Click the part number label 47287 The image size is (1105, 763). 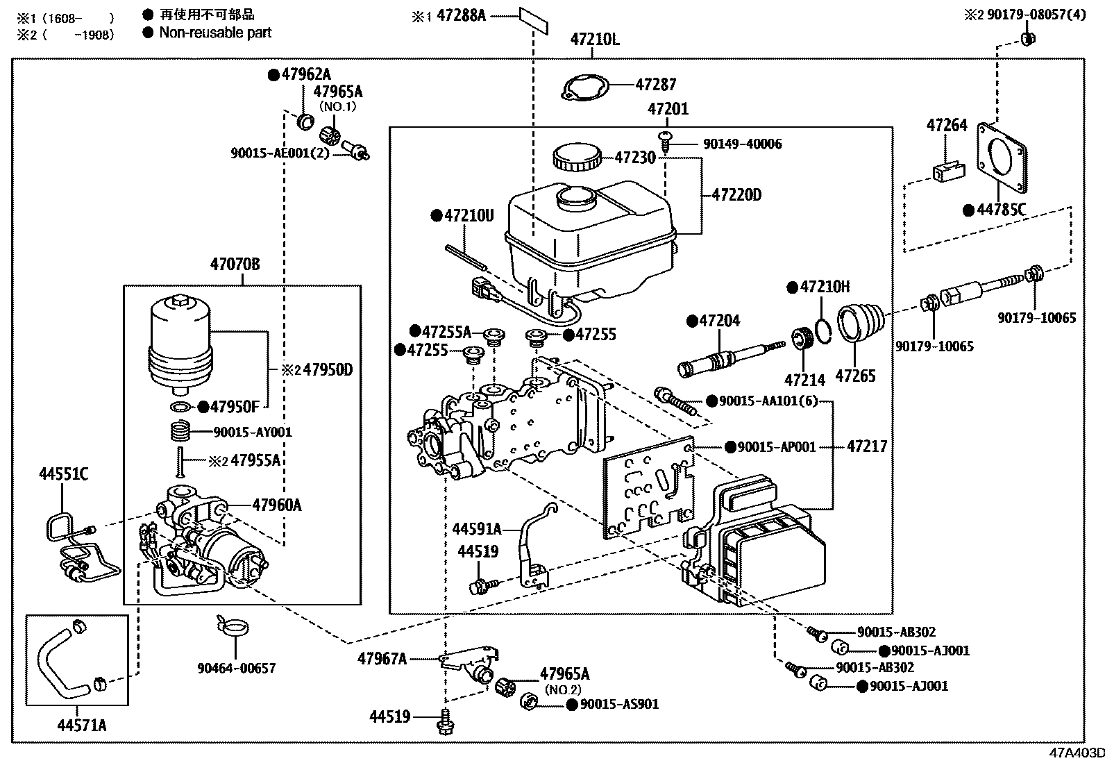656,85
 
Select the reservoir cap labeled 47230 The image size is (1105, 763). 575,158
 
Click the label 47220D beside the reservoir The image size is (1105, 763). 736,195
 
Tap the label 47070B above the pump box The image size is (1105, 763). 235,264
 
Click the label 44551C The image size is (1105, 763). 63,474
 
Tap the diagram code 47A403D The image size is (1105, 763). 1076,754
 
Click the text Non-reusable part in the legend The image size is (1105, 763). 215,33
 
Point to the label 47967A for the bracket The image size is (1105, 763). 382,659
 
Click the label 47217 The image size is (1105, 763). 866,446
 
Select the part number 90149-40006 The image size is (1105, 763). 742,144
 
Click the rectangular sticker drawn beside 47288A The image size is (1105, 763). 532,20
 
